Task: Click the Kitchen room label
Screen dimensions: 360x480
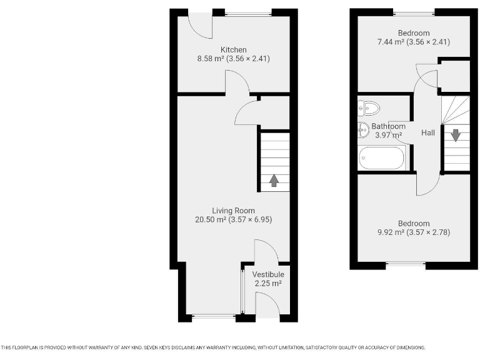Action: [x=233, y=50]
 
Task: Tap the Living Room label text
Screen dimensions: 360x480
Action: [x=233, y=211]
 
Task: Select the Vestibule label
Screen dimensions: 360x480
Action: [x=268, y=274]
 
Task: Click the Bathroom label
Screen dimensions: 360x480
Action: [x=389, y=126]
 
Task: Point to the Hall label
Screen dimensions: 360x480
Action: [x=428, y=133]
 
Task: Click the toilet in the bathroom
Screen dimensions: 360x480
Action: [x=369, y=109]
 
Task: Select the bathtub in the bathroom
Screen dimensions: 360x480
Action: [x=382, y=159]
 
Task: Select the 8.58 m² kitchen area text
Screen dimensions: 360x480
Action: [x=233, y=59]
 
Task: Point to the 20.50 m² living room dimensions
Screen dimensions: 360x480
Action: [x=233, y=220]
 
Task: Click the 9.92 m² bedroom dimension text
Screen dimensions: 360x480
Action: [x=413, y=232]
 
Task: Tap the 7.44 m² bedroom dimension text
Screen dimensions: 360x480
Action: [x=413, y=42]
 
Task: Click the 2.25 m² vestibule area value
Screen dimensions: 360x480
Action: [x=268, y=284]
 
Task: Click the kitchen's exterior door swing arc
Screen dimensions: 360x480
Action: [x=202, y=25]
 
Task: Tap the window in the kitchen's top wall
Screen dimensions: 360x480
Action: [x=248, y=12]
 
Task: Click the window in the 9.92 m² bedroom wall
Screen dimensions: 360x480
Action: [x=406, y=265]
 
